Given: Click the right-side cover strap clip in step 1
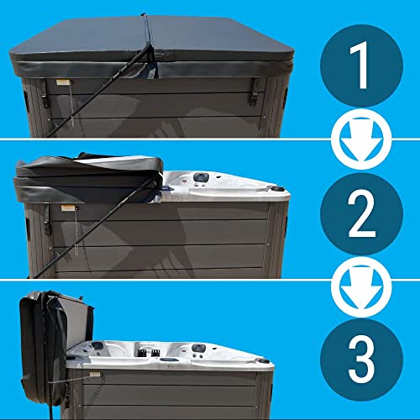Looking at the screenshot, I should click(x=252, y=93).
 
